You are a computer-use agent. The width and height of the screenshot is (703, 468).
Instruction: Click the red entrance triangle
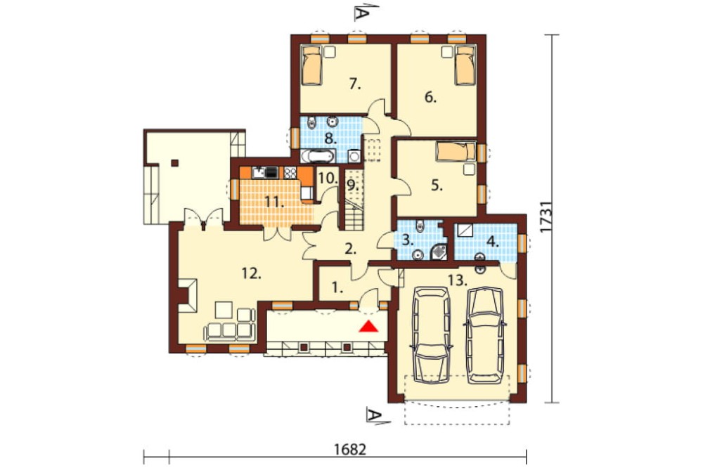[369, 327]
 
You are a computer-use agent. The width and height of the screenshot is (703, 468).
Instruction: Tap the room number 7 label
[355, 84]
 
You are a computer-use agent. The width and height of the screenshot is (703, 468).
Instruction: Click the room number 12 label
[252, 272]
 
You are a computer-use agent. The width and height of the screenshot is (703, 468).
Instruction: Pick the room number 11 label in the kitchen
[274, 202]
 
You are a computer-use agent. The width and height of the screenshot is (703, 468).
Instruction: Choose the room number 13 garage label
[458, 281]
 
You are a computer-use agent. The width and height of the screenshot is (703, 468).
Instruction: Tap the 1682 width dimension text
[350, 449]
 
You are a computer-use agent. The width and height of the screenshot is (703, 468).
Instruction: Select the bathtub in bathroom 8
[317, 157]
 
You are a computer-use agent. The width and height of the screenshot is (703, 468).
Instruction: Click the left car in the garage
[431, 334]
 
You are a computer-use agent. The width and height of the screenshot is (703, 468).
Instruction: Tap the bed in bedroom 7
[312, 65]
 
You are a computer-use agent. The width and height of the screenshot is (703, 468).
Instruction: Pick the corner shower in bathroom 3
[439, 252]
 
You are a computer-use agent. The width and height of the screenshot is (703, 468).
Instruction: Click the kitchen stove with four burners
[290, 173]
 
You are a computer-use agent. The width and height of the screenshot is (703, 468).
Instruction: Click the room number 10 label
[328, 178]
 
